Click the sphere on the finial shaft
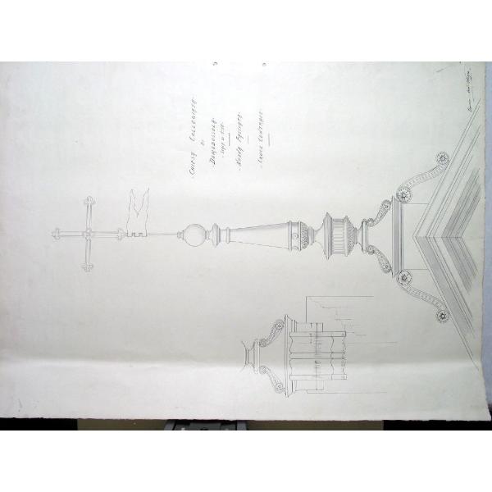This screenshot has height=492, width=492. pos(194,236)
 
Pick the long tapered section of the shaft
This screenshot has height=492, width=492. pos(254,236)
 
